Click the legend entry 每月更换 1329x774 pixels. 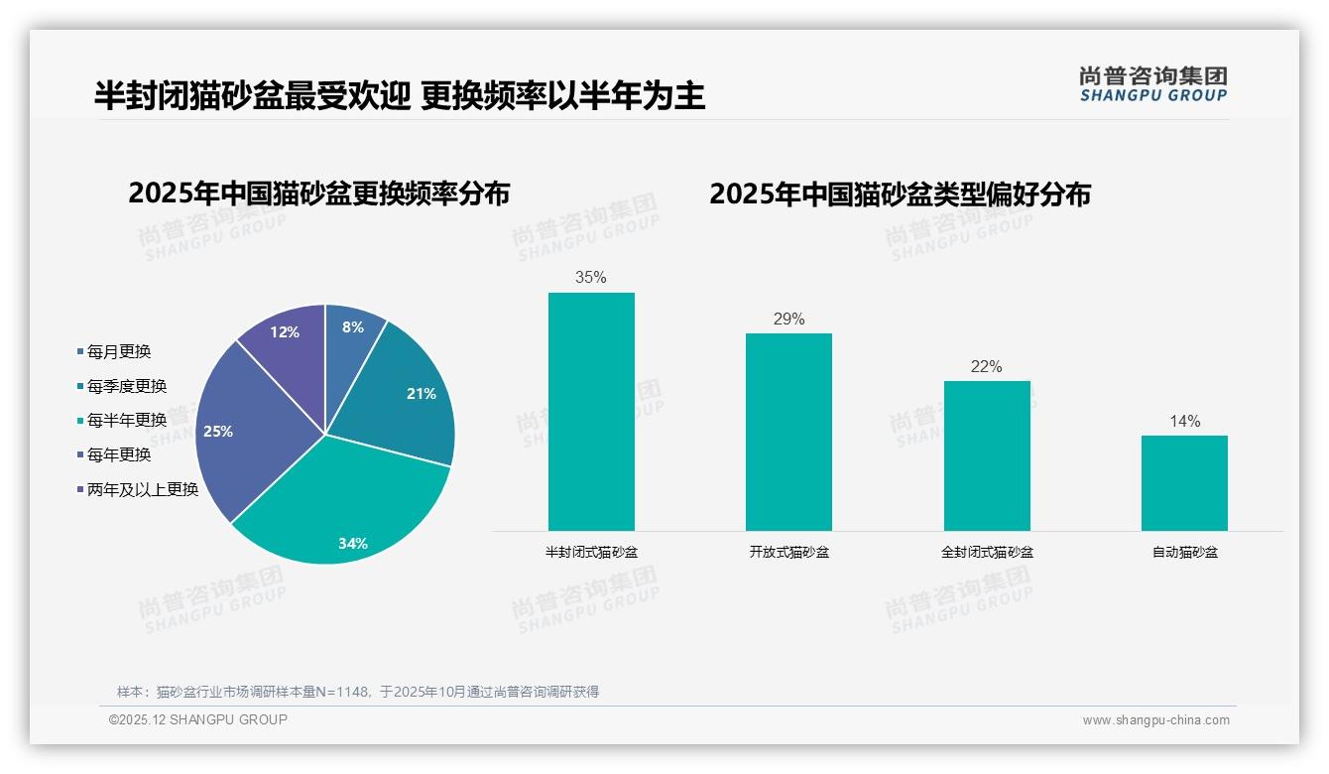point(119,352)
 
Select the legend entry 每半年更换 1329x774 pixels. point(127,421)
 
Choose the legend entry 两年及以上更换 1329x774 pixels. point(143,489)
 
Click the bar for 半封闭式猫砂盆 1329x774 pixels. point(591,412)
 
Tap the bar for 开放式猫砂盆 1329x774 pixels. point(788,432)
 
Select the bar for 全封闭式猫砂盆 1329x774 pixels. point(987,456)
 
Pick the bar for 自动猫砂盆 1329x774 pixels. point(1184,483)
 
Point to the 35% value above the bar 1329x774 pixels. point(591,278)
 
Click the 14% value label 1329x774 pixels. point(1184,421)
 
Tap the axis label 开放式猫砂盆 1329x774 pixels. point(788,552)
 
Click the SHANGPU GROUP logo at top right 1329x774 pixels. point(1152,84)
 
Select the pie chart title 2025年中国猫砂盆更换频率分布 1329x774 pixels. point(318,193)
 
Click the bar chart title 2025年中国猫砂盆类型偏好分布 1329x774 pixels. point(900,193)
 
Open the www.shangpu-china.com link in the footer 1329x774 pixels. point(1155,720)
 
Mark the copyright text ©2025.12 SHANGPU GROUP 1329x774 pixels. point(198,719)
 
